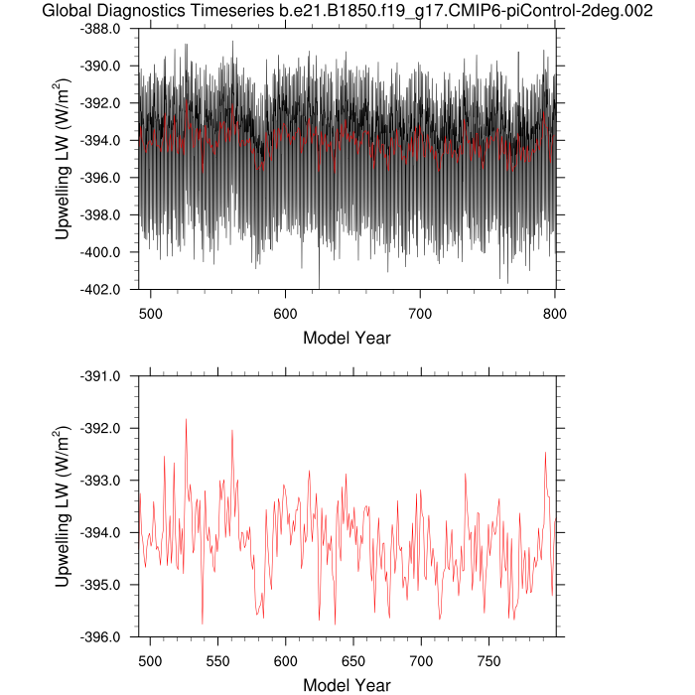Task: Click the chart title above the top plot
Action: click(347, 11)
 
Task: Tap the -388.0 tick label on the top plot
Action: click(100, 29)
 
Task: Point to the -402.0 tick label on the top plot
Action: click(100, 290)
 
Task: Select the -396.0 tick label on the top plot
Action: click(100, 178)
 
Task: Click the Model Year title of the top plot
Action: click(347, 338)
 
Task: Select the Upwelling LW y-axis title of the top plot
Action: click(62, 159)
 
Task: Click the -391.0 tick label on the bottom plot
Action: click(100, 376)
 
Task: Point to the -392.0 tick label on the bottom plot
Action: click(100, 429)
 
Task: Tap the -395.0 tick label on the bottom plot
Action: click(100, 585)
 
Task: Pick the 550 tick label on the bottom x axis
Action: click(218, 658)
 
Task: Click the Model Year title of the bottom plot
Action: click(347, 685)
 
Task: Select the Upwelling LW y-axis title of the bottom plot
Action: click(62, 506)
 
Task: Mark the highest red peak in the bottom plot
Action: click(186, 420)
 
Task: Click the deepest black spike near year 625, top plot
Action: click(319, 286)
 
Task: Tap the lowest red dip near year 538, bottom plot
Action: click(203, 623)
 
